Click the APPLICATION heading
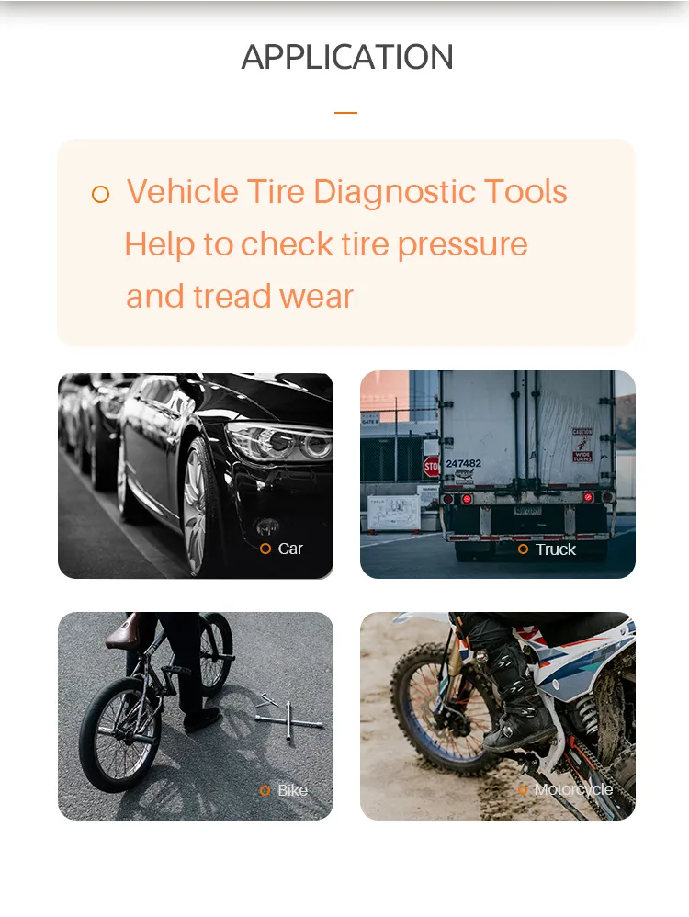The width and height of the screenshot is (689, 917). [347, 57]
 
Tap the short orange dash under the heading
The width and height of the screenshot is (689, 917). [345, 113]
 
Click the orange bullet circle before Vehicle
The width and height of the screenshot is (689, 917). [101, 194]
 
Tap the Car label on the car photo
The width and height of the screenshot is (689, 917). [290, 549]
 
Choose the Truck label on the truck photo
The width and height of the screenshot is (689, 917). [555, 549]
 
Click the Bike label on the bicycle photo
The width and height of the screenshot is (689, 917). [292, 790]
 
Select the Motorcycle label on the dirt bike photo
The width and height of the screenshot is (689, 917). [573, 790]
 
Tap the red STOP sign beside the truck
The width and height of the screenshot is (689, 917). [431, 467]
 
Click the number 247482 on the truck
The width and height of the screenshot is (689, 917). [463, 464]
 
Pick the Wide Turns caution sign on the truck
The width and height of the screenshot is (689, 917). [582, 444]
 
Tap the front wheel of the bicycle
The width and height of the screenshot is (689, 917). [119, 735]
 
